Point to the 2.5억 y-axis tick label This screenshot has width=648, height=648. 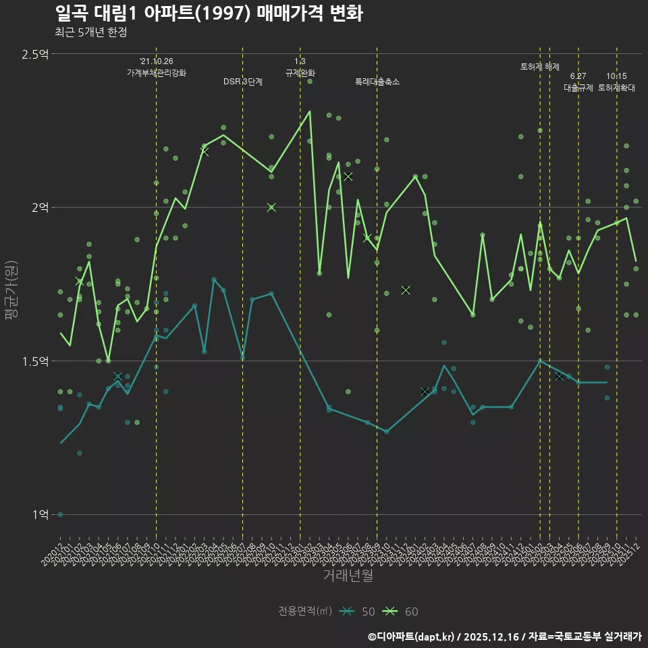pos(35,54)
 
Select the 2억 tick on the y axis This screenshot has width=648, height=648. pos(40,208)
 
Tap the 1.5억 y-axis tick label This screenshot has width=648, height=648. pos(35,361)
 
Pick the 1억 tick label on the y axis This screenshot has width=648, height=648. pos(40,514)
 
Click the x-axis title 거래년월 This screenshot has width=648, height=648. pos(348,575)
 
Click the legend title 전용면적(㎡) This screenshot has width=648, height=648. pos(305,612)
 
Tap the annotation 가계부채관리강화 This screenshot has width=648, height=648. pos(157,72)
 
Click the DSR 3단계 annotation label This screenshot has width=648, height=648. pos(243,82)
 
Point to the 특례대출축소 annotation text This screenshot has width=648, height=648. pos(377,82)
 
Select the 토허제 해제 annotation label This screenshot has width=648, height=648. pos(540,67)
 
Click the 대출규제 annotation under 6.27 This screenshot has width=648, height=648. pos(578,88)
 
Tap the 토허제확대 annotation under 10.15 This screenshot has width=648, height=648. pos(617,88)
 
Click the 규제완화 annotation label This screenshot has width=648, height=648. pos(300,72)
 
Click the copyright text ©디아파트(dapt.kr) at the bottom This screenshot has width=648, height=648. pos(413,636)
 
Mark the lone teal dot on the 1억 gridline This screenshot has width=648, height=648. pos(60,514)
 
